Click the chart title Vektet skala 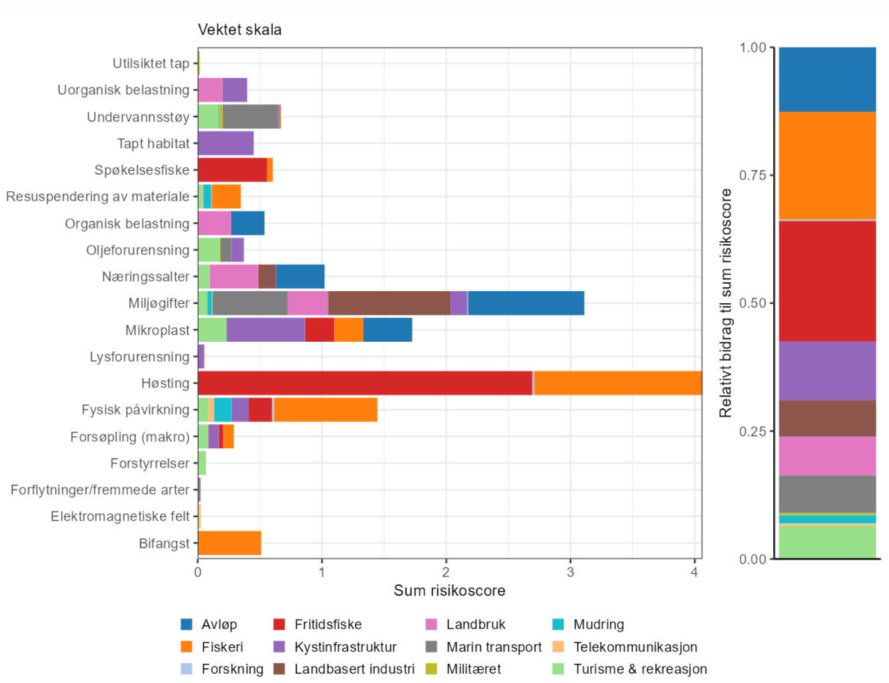coord(239,30)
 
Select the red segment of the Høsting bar coord(365,383)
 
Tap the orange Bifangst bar coord(229,543)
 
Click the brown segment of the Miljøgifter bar coord(389,303)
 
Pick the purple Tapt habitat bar coord(225,143)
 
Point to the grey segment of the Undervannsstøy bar coord(250,116)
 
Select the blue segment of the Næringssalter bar coord(300,277)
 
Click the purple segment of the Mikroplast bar coord(265,330)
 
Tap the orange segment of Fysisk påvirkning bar coord(325,410)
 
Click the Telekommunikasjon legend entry coord(635,647)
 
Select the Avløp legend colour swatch coord(187,625)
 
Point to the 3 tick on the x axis coord(571,572)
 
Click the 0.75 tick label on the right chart coord(752,175)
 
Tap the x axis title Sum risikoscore coord(450,591)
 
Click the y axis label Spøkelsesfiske coord(142,170)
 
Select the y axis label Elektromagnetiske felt coord(120,517)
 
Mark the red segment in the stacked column coord(827,281)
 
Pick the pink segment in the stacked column coord(827,456)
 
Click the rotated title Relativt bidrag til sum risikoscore coord(726,303)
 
